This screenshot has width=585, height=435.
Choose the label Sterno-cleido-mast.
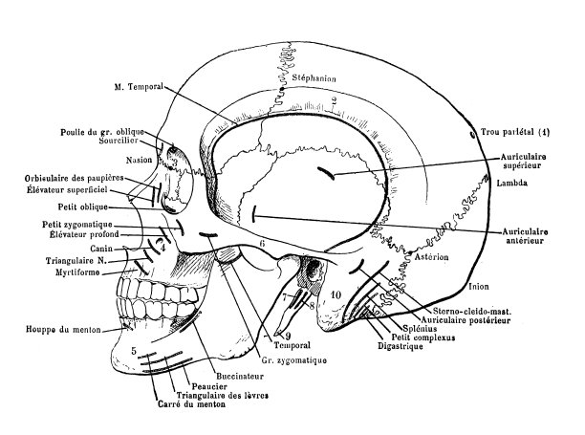point(455,312)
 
